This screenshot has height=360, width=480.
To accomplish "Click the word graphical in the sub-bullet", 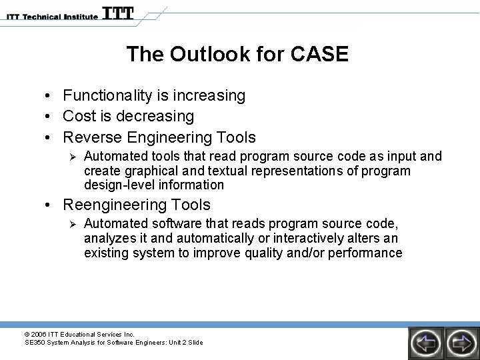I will (x=147, y=171).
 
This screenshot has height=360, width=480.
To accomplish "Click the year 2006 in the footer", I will (x=39, y=333).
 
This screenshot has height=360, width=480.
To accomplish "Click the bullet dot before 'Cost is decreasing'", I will (x=51, y=117).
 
